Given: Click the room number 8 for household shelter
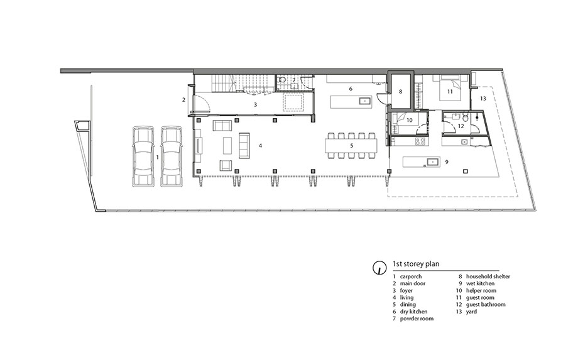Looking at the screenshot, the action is coord(401,92).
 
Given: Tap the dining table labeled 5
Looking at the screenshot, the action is coord(351,146).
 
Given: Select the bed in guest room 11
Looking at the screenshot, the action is coord(450,89).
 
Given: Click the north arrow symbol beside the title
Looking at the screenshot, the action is coord(378,268).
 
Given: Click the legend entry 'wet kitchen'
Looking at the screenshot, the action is coord(481,283).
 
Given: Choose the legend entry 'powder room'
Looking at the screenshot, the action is coord(417,319).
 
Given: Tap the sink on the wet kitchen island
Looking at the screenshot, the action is coord(433,161).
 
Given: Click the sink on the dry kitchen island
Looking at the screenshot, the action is coord(366,101).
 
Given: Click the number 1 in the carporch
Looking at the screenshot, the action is coord(158,157).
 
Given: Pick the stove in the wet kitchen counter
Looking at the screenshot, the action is coord(420,141).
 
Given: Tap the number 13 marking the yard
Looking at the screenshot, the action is coord(483,99).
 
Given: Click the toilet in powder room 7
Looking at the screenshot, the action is coord(282,79).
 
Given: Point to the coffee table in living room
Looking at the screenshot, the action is coord(227,146).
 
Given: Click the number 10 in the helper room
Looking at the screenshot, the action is coord(409,120).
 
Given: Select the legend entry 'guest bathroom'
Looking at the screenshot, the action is coord(486,304).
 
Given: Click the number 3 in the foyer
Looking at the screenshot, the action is coord(255,105).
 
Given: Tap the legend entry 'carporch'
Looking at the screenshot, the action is coord(411,276).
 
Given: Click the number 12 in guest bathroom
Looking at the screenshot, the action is coord(461,126).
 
